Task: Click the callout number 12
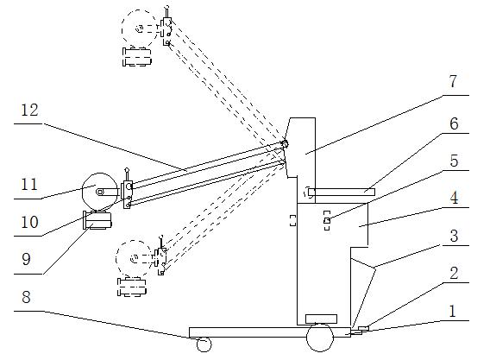29,111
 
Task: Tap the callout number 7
453,81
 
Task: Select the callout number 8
26,297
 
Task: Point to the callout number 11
29,184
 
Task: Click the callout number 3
454,236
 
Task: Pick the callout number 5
454,161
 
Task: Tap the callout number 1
453,312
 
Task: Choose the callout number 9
26,259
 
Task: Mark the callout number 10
29,222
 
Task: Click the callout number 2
454,273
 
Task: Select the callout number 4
454,198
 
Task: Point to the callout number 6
454,123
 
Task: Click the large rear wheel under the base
320,338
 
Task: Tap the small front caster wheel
204,344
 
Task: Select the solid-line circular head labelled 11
100,191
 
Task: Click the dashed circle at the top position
140,28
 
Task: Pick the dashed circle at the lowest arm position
134,259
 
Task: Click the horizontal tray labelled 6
342,193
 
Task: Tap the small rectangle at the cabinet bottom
321,319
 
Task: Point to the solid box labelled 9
97,220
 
